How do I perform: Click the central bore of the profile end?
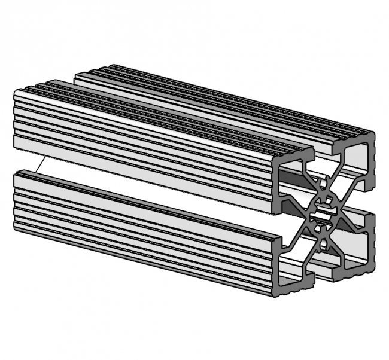324,212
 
